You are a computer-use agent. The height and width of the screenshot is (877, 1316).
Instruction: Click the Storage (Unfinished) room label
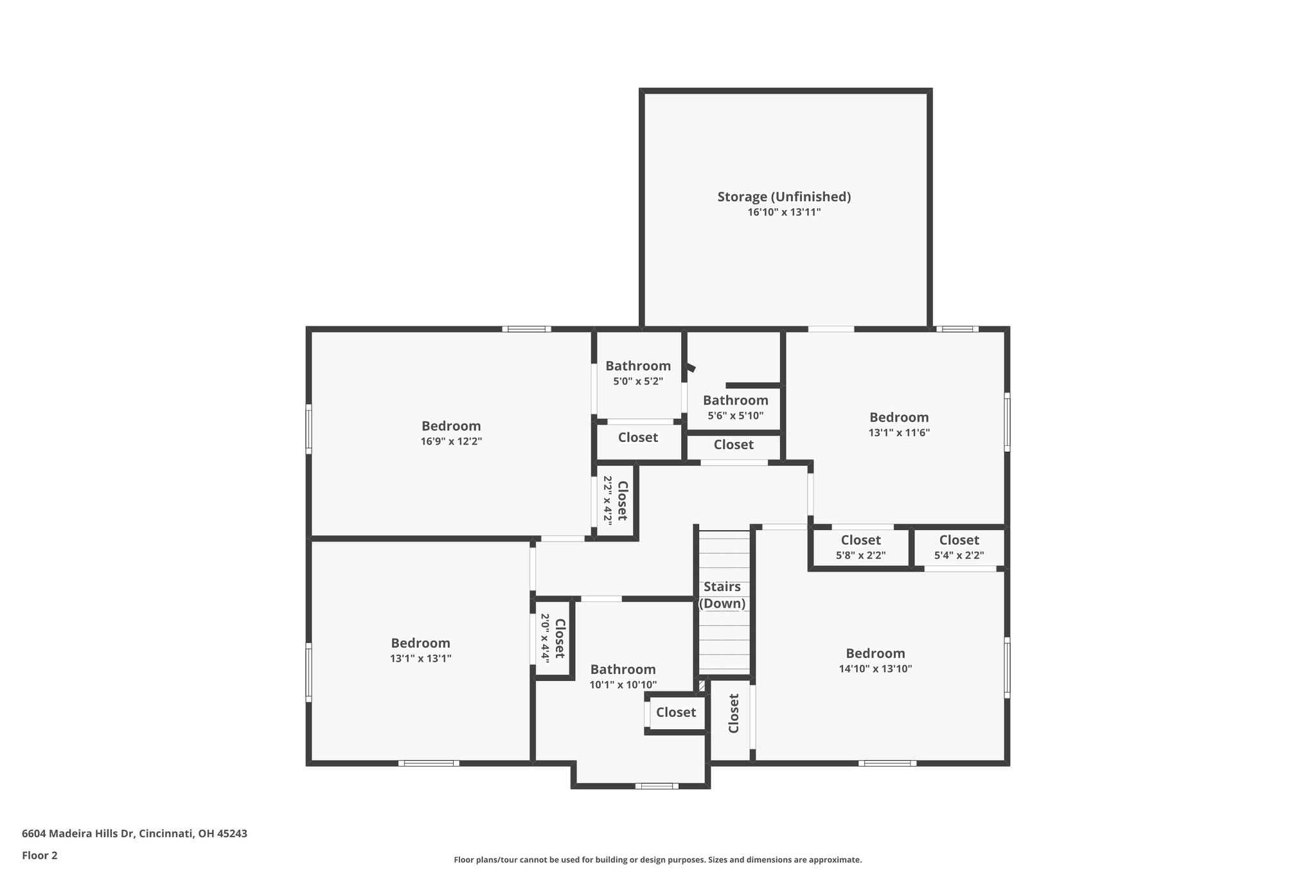tap(784, 197)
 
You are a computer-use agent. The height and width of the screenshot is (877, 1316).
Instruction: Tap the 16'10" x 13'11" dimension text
tap(784, 213)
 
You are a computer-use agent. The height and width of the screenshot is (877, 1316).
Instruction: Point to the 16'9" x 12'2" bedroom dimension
tap(451, 441)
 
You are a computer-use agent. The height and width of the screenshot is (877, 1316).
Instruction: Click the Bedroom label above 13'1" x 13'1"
tap(420, 643)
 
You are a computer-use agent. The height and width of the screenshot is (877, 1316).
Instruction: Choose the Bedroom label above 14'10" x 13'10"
tap(875, 653)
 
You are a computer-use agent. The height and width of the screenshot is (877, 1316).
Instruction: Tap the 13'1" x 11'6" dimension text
tap(899, 433)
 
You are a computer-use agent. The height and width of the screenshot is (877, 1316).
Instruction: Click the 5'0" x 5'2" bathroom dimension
tap(638, 382)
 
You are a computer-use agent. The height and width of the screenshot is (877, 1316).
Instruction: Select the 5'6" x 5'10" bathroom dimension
tap(736, 416)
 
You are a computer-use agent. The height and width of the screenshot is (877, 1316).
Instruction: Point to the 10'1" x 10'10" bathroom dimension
tap(623, 685)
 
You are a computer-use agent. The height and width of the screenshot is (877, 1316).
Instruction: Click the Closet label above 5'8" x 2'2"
tap(861, 540)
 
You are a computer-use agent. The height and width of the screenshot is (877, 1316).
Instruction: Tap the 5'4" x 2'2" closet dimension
tap(959, 556)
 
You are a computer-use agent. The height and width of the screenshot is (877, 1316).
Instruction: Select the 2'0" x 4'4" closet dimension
tap(545, 638)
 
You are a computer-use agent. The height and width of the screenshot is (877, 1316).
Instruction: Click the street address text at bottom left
tap(134, 834)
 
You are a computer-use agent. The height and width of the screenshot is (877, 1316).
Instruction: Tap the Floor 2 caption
tap(40, 856)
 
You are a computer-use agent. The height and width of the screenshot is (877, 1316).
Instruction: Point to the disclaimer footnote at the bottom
tap(658, 860)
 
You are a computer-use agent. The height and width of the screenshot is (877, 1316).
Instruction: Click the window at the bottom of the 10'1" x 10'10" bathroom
tap(657, 786)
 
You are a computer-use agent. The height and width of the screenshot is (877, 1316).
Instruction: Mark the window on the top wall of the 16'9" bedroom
tap(527, 329)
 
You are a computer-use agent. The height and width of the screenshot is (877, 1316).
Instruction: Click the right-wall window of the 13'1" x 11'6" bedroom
tap(1007, 422)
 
